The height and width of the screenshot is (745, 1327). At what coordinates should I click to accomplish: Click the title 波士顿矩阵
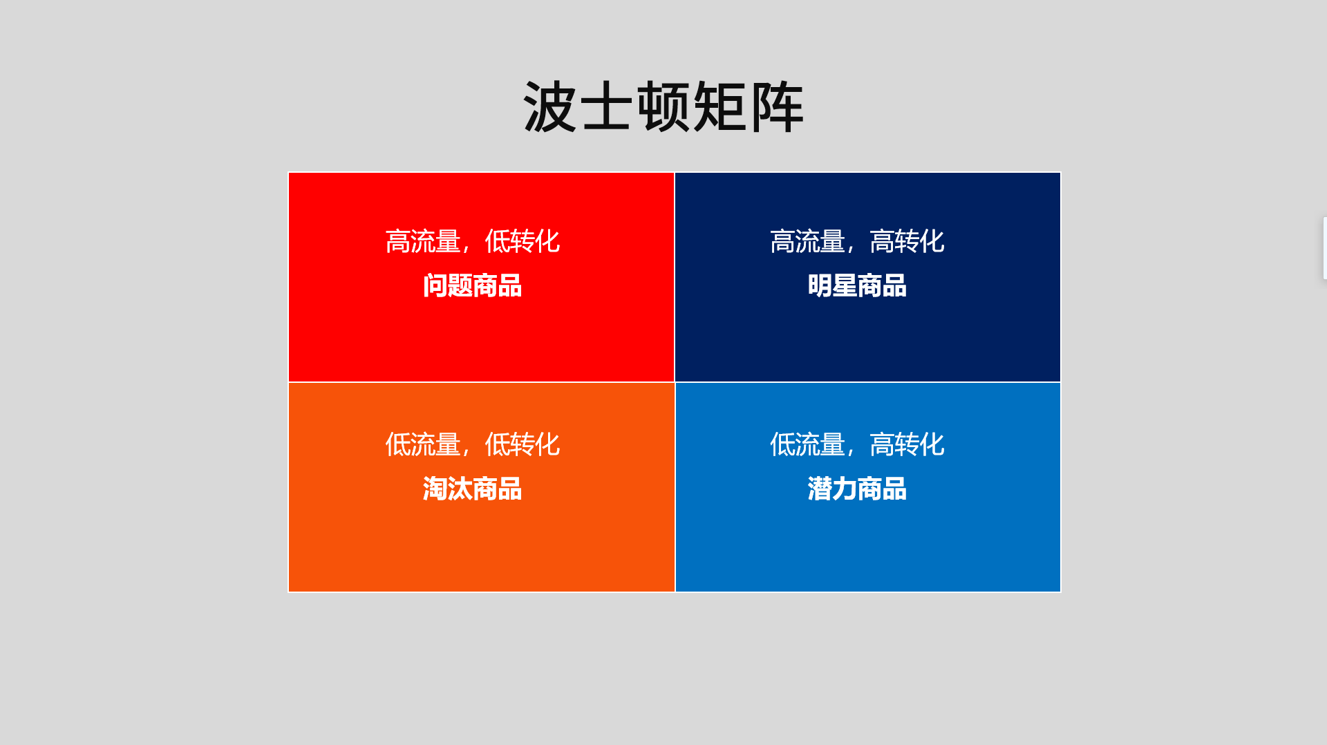(663, 107)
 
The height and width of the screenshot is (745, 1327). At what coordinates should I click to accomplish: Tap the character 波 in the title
(550, 107)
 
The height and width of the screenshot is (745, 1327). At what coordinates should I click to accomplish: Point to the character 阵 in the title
(777, 107)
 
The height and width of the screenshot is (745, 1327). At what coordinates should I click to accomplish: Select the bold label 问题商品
(472, 285)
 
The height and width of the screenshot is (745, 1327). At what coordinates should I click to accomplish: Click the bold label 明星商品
(857, 285)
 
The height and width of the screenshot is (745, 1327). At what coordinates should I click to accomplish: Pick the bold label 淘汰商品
(472, 489)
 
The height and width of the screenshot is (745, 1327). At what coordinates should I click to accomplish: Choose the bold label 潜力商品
(857, 489)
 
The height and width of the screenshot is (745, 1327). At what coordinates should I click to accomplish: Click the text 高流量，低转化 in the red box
(472, 241)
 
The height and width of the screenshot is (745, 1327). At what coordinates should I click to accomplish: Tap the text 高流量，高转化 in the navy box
(857, 241)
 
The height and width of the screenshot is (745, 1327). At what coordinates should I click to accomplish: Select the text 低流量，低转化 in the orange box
(472, 444)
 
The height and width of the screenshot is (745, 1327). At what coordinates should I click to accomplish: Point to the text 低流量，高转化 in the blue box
(857, 444)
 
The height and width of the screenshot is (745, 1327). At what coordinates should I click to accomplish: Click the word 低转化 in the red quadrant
(522, 241)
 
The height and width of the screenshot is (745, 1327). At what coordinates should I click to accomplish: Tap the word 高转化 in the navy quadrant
(907, 241)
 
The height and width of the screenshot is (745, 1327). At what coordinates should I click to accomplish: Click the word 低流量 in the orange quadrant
(423, 444)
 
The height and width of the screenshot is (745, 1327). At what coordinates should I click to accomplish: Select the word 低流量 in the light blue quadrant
(808, 444)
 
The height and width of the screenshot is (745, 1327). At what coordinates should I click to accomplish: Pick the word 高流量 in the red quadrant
(423, 241)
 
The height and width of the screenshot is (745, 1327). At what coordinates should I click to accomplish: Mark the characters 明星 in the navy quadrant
(832, 285)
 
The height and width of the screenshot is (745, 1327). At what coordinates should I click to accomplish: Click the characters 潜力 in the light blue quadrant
(832, 489)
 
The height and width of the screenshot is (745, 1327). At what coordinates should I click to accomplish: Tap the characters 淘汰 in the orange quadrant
(447, 489)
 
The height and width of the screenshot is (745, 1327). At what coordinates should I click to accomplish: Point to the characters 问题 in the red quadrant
(447, 285)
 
